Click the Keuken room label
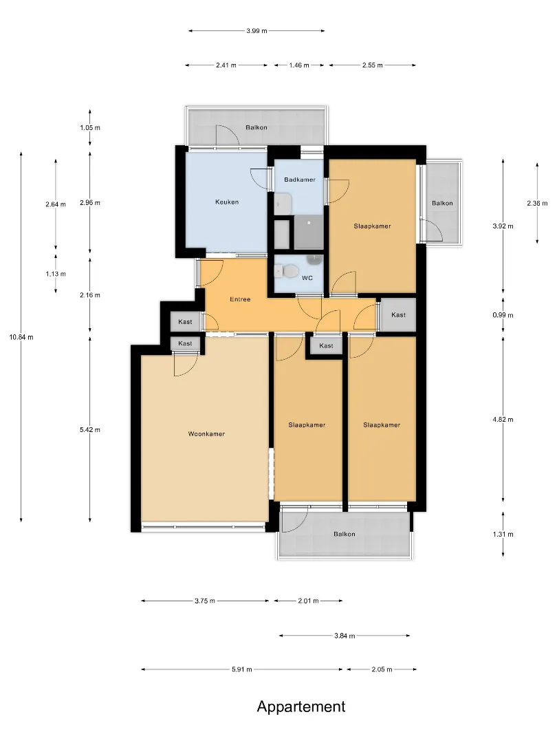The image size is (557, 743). [x=227, y=202]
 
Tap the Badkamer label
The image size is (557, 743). [x=300, y=180]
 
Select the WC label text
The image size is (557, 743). [x=307, y=278]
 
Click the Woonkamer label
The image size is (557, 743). [x=206, y=433]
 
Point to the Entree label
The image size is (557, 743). [x=240, y=299]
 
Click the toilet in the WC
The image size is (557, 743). [x=287, y=271]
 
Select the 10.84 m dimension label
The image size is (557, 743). [x=21, y=337]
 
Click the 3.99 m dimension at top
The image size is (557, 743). [x=256, y=31]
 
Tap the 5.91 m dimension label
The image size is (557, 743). [x=242, y=669]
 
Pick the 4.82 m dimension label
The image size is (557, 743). [x=503, y=420]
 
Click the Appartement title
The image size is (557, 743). [x=301, y=707]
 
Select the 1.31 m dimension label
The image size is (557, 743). [x=503, y=534]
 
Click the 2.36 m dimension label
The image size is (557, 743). [x=537, y=203]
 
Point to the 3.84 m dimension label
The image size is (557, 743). [x=345, y=636]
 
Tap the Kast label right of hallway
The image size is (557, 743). [x=398, y=314]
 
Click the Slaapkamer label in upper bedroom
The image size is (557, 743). [x=372, y=226]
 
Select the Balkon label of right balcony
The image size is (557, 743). [x=442, y=203]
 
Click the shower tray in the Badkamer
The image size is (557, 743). [x=309, y=233]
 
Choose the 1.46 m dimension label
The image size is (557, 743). [x=299, y=65]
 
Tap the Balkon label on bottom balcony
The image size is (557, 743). [x=345, y=534]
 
